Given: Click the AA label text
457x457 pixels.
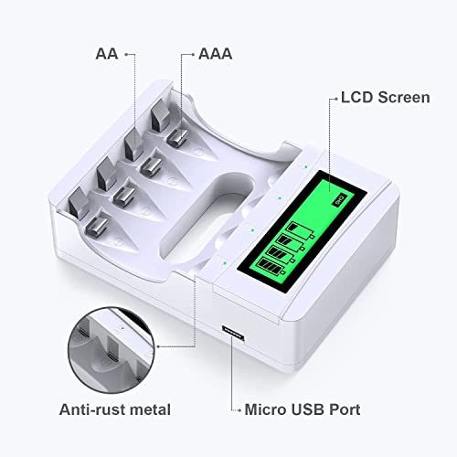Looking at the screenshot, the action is (107, 54).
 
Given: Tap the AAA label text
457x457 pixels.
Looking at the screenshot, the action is (216, 54).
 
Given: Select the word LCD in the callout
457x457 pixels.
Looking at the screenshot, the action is (356, 98).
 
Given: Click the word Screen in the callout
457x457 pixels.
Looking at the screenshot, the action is (404, 98).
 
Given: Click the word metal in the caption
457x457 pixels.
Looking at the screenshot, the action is (150, 409).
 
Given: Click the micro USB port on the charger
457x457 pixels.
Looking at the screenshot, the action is (233, 333).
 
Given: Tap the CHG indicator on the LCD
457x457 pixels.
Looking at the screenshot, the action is (340, 200).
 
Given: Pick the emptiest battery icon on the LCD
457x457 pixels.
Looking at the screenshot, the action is (301, 230).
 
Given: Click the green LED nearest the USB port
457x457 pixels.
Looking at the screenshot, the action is (225, 262).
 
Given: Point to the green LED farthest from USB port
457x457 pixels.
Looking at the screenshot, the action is (305, 166).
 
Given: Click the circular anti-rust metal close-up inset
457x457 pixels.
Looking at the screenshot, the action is (112, 350).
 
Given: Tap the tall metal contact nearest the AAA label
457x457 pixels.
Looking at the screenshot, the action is (161, 116).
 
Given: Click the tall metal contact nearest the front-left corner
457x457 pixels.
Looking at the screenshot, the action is (79, 203).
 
